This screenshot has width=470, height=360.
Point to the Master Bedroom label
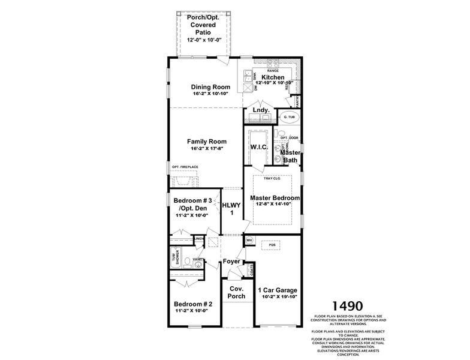(x=275, y=197)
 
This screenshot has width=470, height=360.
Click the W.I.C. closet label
(x=258, y=146)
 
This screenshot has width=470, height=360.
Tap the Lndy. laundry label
(x=260, y=111)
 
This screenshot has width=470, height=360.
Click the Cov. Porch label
(x=236, y=292)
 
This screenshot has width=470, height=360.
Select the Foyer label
(x=231, y=262)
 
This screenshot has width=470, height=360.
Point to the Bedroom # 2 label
(x=193, y=304)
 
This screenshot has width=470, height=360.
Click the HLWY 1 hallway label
(x=231, y=208)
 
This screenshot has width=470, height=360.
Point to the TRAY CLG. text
(x=273, y=178)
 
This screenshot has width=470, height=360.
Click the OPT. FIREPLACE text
(x=185, y=167)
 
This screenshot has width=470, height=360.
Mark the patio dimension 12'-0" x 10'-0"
(x=204, y=40)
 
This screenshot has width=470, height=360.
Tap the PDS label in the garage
(x=272, y=245)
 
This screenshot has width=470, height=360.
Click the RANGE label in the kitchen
(x=273, y=71)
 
